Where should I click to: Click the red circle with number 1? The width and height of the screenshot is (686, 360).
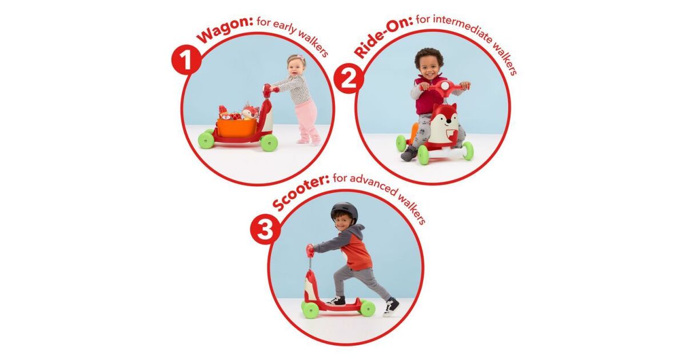point(186,59)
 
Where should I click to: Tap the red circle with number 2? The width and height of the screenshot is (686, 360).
point(349,79)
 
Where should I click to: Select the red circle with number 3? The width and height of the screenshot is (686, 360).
point(265,229)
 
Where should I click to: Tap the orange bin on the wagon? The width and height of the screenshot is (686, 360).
point(238,127)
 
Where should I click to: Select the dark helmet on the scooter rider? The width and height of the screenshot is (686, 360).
point(344,212)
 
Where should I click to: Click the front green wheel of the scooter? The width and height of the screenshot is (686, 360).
point(310,310)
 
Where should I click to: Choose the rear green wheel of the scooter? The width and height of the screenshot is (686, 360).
point(368,308)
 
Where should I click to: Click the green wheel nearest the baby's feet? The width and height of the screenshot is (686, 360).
point(269,143)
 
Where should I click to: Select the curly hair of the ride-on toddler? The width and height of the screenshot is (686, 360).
point(429,57)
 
